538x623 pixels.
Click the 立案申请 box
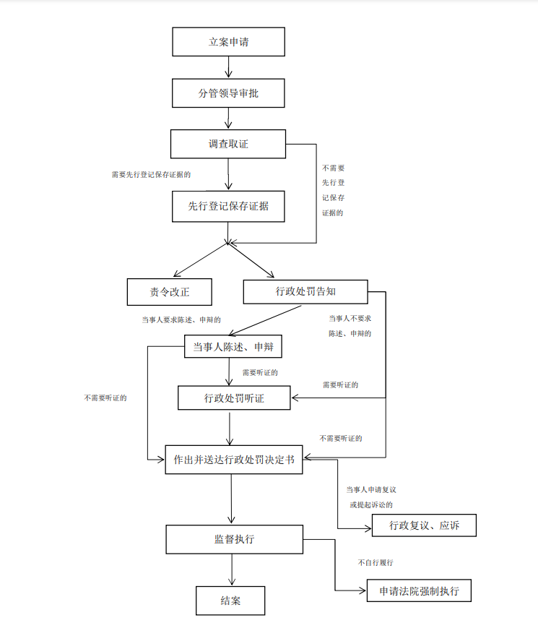point(228,42)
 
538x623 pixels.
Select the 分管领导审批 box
point(228,93)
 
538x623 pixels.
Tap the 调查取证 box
point(228,144)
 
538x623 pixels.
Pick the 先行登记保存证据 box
point(228,206)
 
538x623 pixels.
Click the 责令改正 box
point(169,292)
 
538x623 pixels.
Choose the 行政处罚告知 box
point(305,292)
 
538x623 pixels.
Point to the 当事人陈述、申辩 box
point(233,346)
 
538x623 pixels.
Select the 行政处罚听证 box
point(234,398)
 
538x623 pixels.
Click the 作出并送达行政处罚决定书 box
point(234,460)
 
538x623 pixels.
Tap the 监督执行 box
point(234,539)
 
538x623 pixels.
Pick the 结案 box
point(230,601)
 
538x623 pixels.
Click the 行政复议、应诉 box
point(424,525)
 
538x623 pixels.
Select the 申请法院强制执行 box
point(419,590)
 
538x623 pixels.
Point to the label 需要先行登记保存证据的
point(151,174)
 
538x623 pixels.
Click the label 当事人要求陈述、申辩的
point(181,320)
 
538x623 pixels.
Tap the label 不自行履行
point(376,562)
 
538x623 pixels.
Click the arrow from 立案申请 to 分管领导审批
point(228,67)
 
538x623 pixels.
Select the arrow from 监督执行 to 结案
point(232,570)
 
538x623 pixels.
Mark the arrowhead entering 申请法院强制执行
point(363,590)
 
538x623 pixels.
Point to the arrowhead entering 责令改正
point(177,274)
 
